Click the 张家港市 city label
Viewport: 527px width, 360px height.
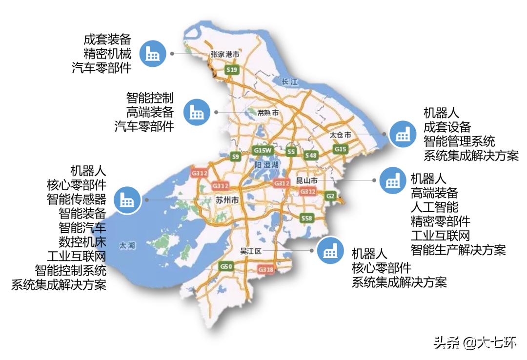coord(225,55)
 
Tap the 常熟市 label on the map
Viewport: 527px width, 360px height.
coord(268,113)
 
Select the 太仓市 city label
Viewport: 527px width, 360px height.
coord(341,135)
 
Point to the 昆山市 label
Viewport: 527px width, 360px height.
coord(307,180)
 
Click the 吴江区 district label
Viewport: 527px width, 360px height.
coord(252,251)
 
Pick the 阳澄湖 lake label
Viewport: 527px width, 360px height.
coord(266,165)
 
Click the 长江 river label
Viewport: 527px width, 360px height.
coord(290,82)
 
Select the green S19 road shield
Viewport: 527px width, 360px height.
coord(232,71)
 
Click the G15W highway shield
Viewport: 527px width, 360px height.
coord(262,151)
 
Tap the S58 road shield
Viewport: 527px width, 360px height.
coord(306,218)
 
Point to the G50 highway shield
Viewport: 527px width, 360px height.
coord(226,266)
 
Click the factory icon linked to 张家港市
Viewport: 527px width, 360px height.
coord(153,54)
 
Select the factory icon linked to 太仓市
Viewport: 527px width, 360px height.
coord(403,134)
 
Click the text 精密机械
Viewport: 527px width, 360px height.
coord(107,54)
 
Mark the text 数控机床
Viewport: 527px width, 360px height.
coord(82,241)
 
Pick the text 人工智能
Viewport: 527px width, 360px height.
coord(434,206)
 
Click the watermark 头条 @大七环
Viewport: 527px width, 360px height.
coord(474,343)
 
